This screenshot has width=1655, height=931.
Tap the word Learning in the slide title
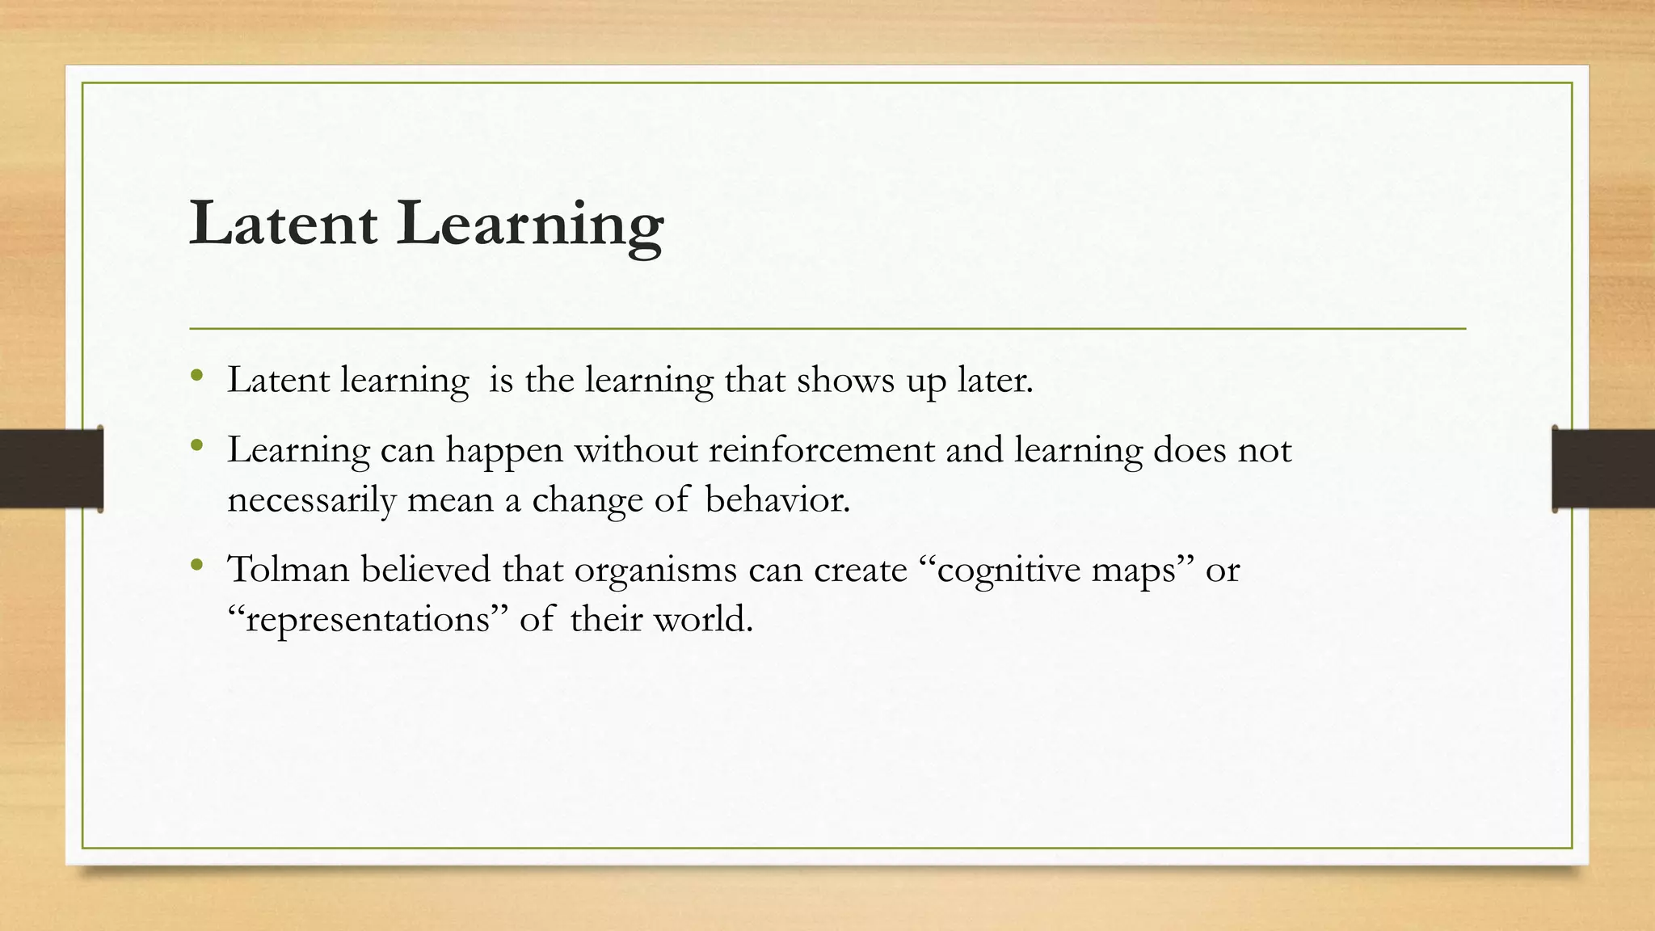[530, 225]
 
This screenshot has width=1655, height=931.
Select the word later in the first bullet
[995, 380]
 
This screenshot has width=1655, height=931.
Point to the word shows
[845, 380]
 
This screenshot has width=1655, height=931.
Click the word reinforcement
[821, 449]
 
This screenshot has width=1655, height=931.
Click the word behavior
[777, 499]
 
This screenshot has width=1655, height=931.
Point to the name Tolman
[288, 569]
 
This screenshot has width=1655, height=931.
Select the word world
[702, 619]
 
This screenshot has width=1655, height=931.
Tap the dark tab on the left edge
[51, 469]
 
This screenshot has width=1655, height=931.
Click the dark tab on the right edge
[1603, 469]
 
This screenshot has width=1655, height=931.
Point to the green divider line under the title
[827, 329]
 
